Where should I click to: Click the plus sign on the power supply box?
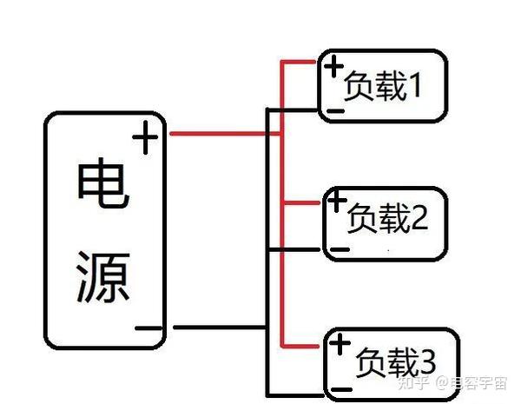coord(146,137)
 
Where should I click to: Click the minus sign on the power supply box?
coord(148,329)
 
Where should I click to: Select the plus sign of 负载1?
coord(333,65)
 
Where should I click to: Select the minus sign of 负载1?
coord(334,110)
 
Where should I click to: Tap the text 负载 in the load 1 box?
coord(374,86)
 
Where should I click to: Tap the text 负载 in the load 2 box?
coord(379,220)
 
